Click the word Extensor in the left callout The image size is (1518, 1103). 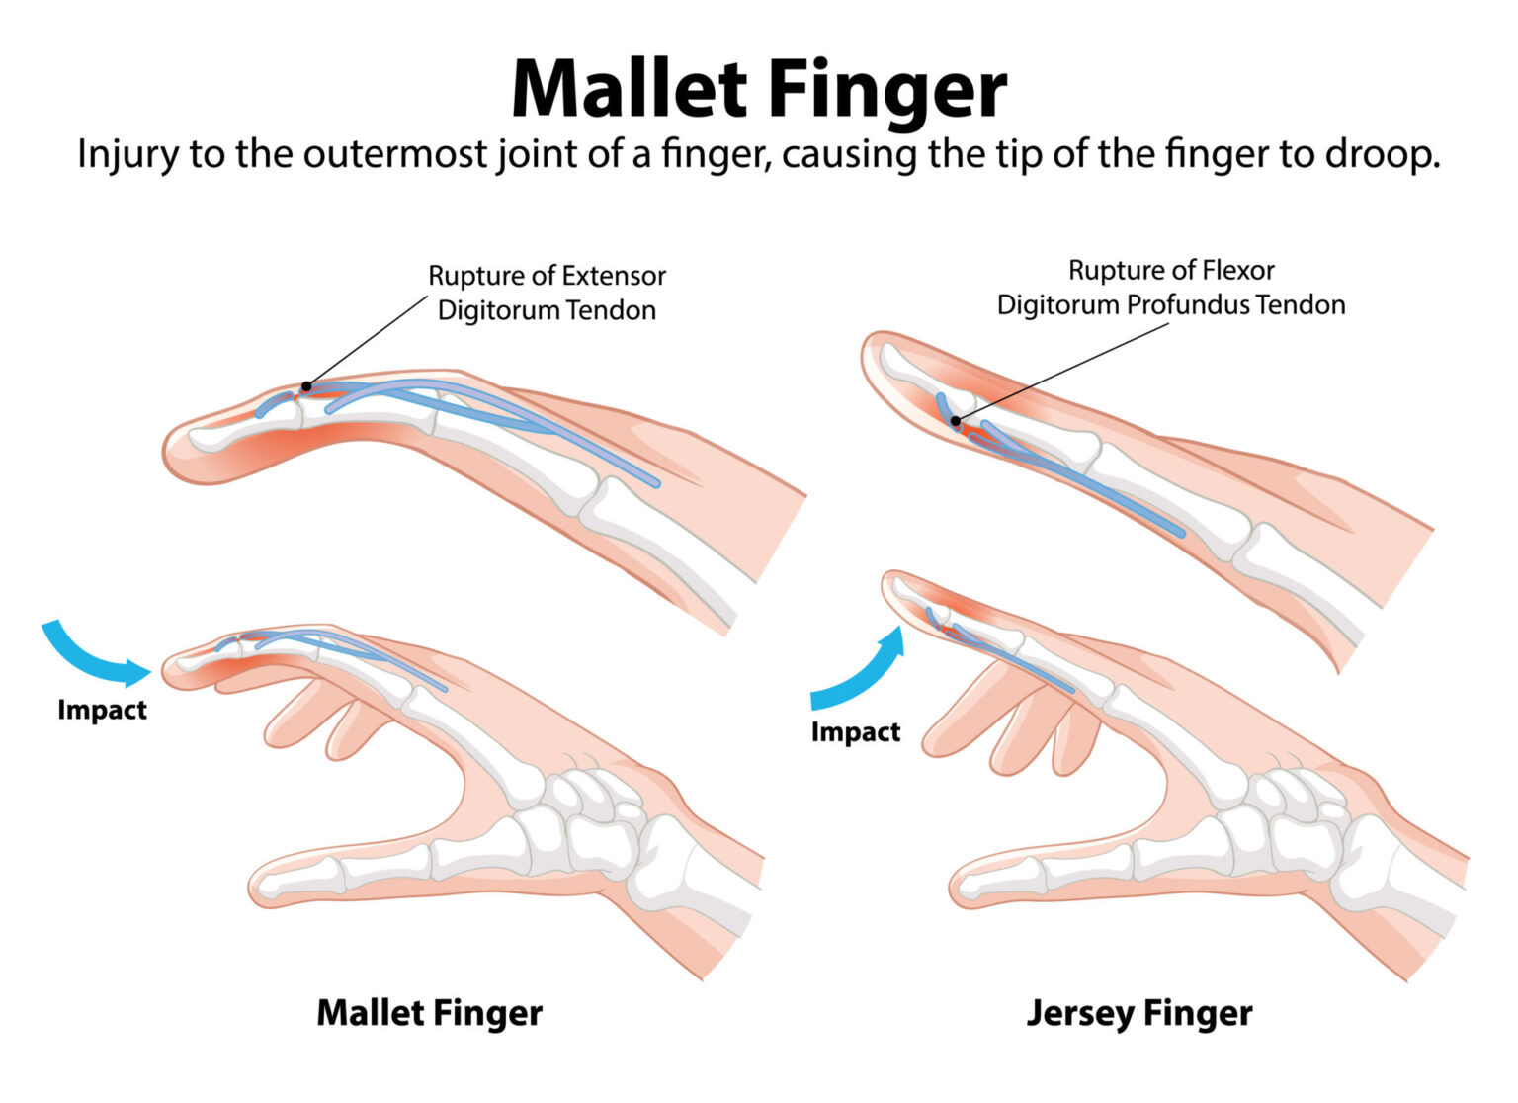[613, 276]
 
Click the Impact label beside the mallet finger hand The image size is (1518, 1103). [102, 710]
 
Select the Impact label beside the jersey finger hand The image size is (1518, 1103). [856, 732]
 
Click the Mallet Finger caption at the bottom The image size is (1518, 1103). [429, 1013]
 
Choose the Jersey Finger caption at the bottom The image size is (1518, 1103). [1138, 1013]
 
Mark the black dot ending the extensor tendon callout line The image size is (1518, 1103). [306, 386]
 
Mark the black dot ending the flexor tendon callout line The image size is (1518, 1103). [956, 422]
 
